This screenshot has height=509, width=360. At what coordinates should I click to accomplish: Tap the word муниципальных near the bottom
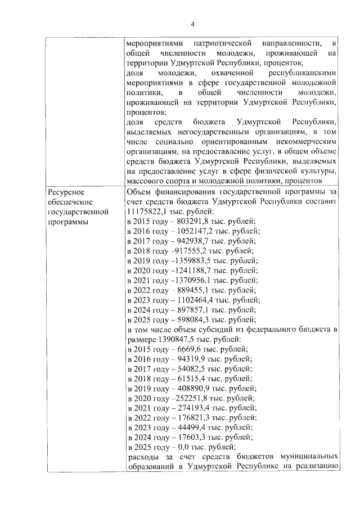tap(304, 457)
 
